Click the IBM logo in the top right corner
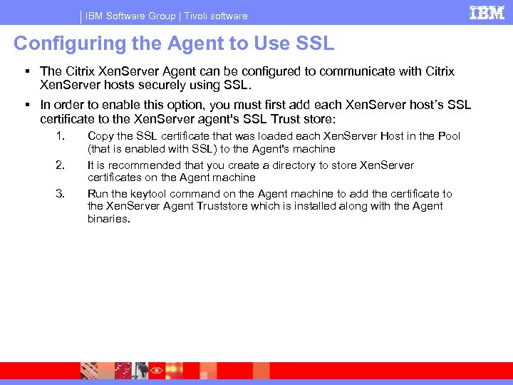(x=486, y=13)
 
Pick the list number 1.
(x=60, y=136)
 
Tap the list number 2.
(x=60, y=165)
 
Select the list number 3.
(x=60, y=194)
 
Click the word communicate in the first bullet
(x=355, y=71)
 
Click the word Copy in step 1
(x=100, y=136)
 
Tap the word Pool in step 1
(x=449, y=136)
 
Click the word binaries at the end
(x=108, y=219)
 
